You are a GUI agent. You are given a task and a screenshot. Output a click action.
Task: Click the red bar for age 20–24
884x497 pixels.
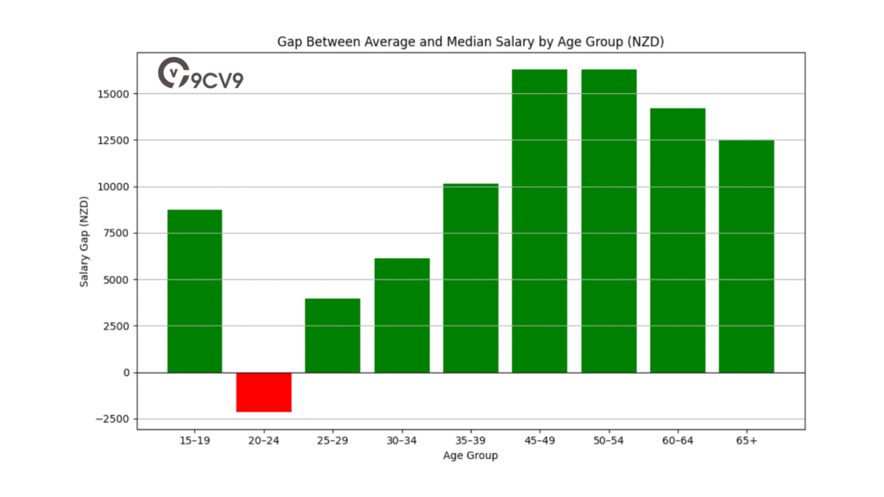[263, 392]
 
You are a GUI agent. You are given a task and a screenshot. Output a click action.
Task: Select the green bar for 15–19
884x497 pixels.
[194, 291]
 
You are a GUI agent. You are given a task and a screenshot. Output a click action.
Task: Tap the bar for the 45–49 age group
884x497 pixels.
[540, 221]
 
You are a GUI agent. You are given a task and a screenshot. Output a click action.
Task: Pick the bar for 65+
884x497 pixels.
[747, 256]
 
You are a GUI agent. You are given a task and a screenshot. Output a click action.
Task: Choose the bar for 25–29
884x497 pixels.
[332, 336]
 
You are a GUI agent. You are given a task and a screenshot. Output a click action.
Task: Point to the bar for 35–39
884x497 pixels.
[470, 278]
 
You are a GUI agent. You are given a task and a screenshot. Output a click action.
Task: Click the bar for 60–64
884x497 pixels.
[678, 240]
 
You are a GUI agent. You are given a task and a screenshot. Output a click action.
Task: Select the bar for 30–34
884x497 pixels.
[401, 315]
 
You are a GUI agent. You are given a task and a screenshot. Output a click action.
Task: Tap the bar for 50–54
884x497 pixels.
[609, 221]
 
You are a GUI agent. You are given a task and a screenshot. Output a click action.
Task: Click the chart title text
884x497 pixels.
[470, 41]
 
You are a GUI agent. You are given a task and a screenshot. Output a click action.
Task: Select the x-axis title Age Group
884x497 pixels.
[470, 456]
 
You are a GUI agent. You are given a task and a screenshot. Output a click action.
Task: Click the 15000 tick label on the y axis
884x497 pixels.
[112, 93]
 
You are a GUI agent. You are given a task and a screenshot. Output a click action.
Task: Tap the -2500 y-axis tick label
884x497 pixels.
[112, 419]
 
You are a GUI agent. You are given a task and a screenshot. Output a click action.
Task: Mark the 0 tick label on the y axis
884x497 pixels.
[125, 373]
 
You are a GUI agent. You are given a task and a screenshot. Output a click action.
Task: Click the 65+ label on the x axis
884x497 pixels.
[747, 440]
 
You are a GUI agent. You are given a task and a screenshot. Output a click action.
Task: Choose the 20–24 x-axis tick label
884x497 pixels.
[263, 440]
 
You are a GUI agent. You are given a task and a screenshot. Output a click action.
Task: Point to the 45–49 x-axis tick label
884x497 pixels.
[540, 440]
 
